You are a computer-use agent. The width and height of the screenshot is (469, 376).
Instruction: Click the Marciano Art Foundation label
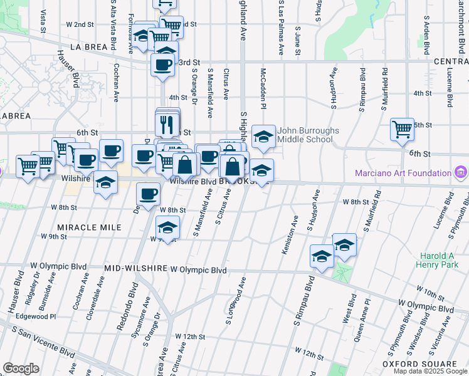click(x=403, y=172)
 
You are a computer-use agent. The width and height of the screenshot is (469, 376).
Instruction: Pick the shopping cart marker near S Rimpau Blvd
click(x=402, y=130)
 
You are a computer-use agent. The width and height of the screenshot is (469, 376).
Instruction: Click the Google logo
click(x=21, y=368)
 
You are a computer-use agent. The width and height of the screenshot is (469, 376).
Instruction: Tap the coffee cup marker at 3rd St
click(x=163, y=65)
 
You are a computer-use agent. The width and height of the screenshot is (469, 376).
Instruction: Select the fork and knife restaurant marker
click(x=167, y=123)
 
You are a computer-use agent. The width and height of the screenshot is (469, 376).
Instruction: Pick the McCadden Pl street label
click(x=264, y=88)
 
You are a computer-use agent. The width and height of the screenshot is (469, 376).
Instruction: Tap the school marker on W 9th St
click(x=167, y=227)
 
